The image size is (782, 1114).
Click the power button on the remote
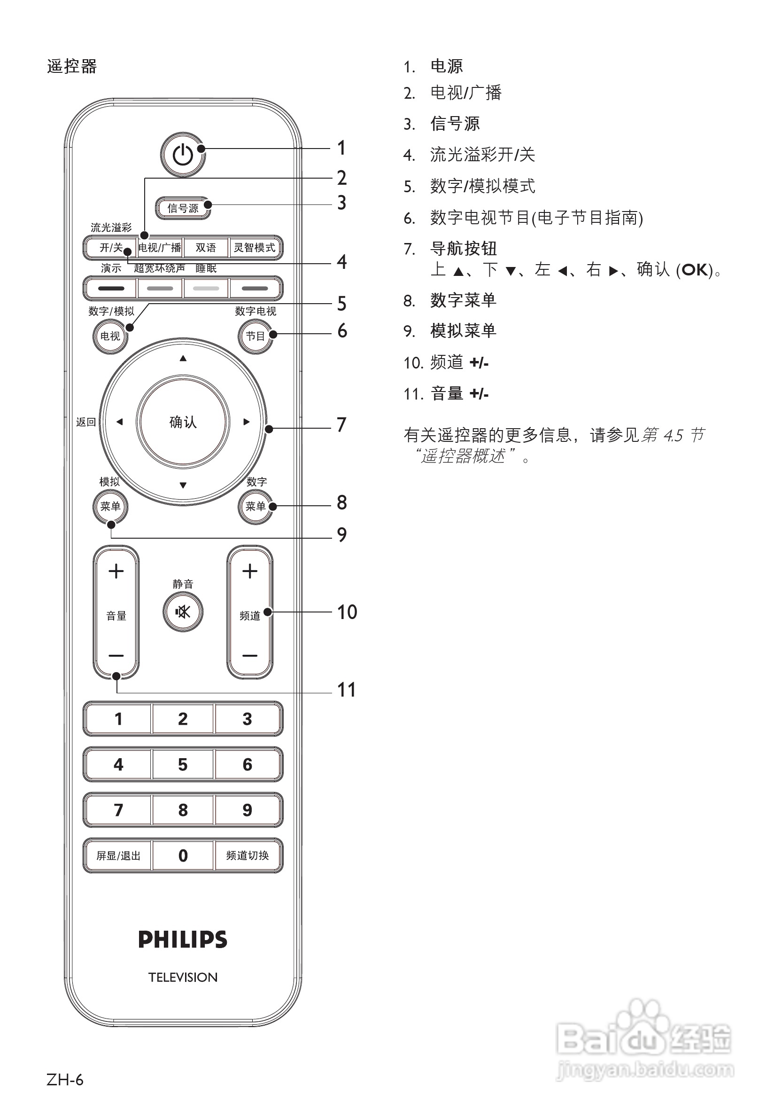point(183,155)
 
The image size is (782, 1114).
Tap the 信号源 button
point(183,208)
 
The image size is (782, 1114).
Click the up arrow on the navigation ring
point(183,359)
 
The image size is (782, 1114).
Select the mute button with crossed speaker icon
point(183,612)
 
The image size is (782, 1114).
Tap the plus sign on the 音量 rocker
point(116,571)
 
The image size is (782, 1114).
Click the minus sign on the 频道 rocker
point(250,656)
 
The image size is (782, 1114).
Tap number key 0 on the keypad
point(183,855)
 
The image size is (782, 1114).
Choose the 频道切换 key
point(248,855)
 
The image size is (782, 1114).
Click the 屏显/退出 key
point(118,855)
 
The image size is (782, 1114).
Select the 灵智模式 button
point(255,248)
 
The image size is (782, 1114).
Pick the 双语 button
point(206,248)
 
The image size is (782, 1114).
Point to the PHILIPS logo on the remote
point(183,939)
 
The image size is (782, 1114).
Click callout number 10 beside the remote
point(347,612)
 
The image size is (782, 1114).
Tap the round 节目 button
point(255,336)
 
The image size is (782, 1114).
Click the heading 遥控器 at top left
point(72,66)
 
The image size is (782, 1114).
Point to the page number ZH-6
point(65,1080)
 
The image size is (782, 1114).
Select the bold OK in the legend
point(695,270)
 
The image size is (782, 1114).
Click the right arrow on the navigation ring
point(246,422)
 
